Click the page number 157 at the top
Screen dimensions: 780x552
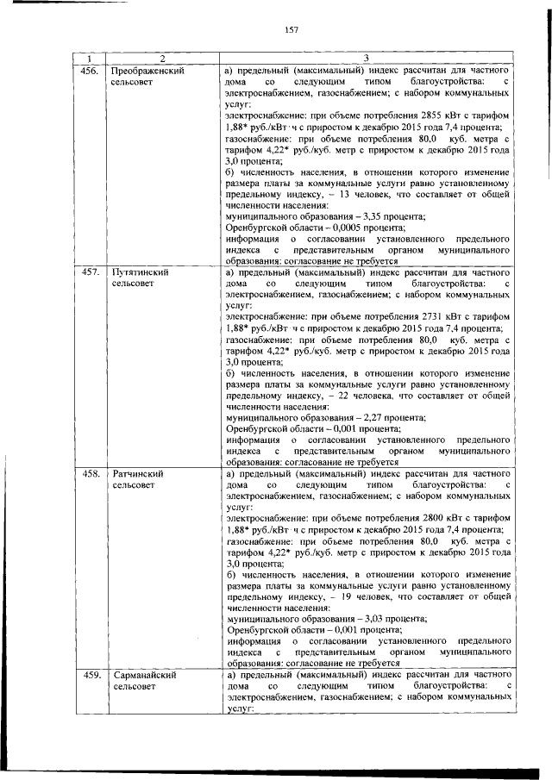tap(289, 30)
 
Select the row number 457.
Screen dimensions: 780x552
tap(91, 271)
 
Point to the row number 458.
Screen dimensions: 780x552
tap(91, 473)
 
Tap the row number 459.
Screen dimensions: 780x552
tap(91, 675)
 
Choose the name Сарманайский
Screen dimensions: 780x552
tap(144, 675)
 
